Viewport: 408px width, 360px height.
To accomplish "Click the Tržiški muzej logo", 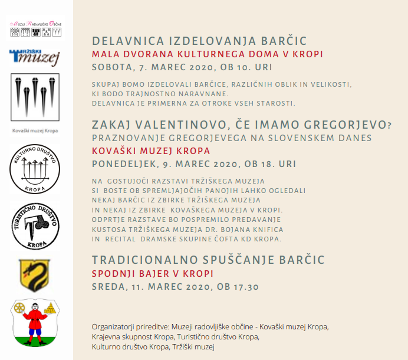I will (34, 57).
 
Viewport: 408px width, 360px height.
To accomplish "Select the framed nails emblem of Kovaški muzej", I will (35, 97).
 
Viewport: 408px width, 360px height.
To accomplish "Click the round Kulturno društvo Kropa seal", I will (35, 168).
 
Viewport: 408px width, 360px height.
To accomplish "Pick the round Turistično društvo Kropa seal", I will (35, 226).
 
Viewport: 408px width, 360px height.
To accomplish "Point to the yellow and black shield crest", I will (34, 275).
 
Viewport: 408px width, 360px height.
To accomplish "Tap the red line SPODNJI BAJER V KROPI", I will (152, 274).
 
